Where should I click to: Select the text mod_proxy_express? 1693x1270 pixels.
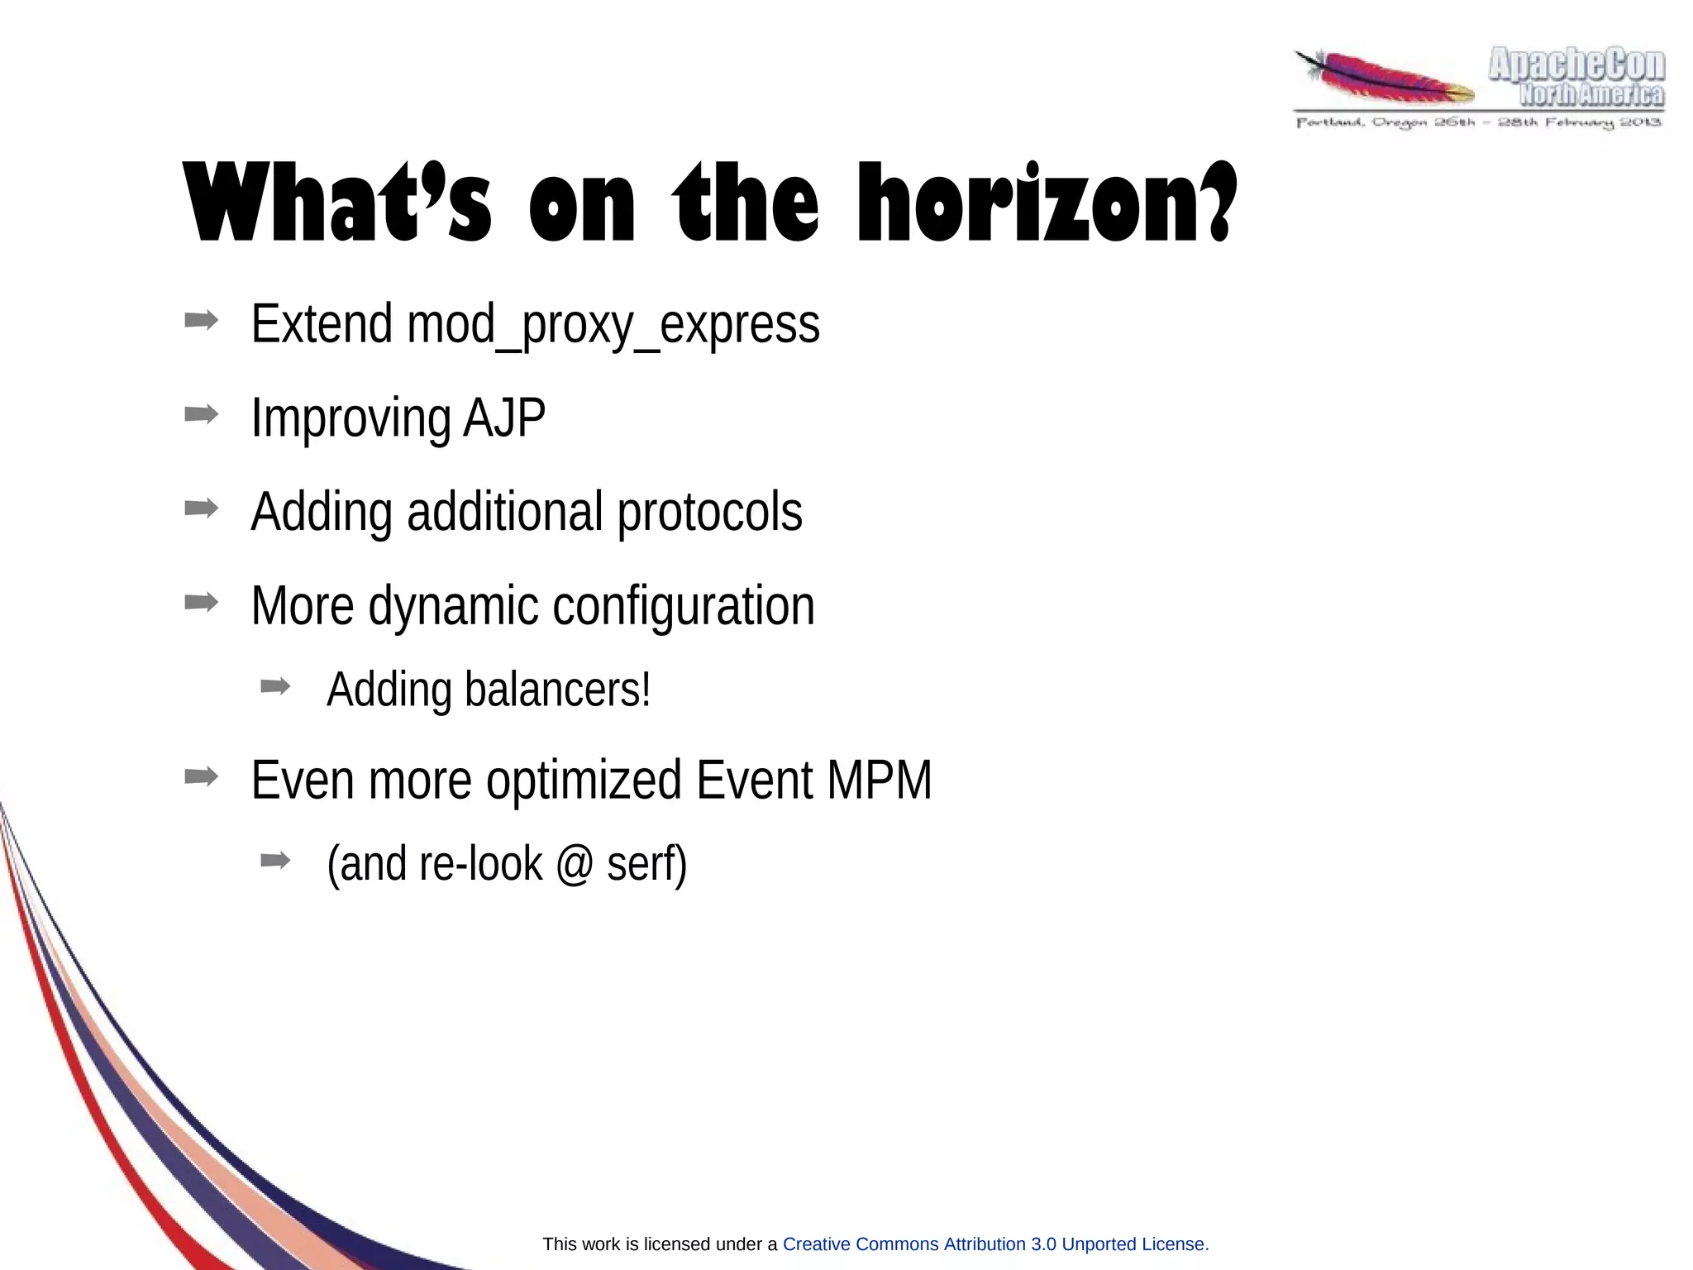pos(613,325)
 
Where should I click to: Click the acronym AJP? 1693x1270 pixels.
pos(504,418)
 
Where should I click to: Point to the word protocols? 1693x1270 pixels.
pos(709,513)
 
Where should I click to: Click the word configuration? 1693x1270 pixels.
pos(683,606)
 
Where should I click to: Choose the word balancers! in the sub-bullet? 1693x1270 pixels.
pos(557,690)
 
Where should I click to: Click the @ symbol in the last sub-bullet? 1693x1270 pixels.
pos(575,864)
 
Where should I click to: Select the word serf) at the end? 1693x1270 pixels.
pos(646,864)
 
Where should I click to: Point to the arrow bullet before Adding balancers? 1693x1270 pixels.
pos(275,685)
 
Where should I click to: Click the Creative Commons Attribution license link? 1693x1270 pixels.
pos(995,1244)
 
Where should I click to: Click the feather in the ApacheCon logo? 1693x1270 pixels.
pos(1385,79)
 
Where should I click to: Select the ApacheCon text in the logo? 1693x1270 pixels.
pos(1576,64)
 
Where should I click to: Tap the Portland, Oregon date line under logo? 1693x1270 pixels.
pos(1478,123)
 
